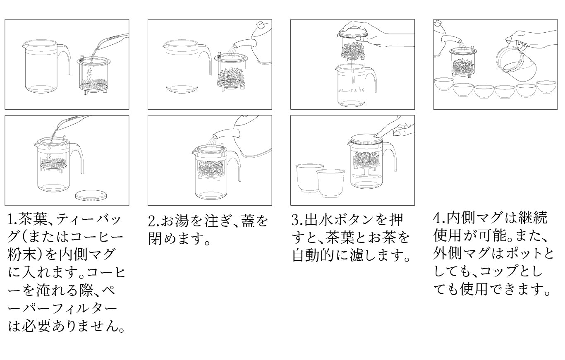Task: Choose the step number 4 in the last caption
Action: click(x=438, y=218)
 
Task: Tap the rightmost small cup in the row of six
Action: click(x=546, y=87)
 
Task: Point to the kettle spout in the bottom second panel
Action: click(x=225, y=133)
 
